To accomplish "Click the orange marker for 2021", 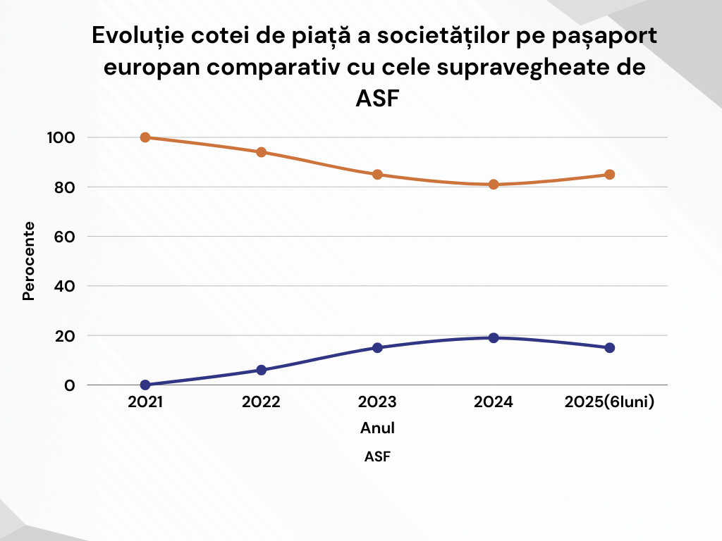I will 145,137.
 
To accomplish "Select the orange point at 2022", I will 262,152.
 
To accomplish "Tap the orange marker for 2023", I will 377,175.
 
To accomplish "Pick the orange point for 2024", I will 494,185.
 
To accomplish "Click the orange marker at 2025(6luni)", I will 610,175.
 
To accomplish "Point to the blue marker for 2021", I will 145,385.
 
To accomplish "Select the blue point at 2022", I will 262,370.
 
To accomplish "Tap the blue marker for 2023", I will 377,347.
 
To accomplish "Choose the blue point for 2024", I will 494,338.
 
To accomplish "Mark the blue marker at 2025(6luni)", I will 610,347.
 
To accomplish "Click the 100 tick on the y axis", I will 60,137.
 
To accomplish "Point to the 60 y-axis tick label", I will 64,237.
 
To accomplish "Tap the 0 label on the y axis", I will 69,385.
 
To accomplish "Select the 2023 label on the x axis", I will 377,403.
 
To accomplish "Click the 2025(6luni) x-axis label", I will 610,403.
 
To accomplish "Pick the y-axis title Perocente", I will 29,261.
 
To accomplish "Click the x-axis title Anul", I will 377,428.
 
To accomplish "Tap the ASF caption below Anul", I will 377,456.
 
